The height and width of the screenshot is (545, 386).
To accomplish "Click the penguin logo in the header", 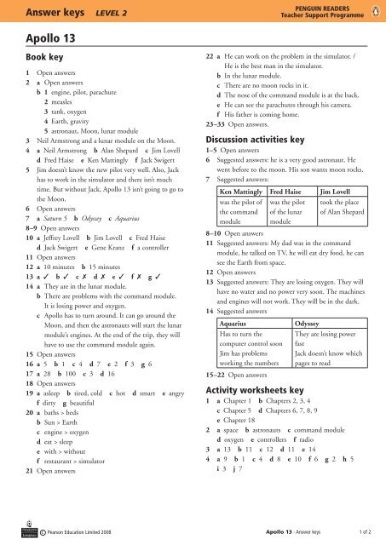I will click(x=376, y=12).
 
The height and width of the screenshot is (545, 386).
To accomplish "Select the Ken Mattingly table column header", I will click(x=242, y=192).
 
